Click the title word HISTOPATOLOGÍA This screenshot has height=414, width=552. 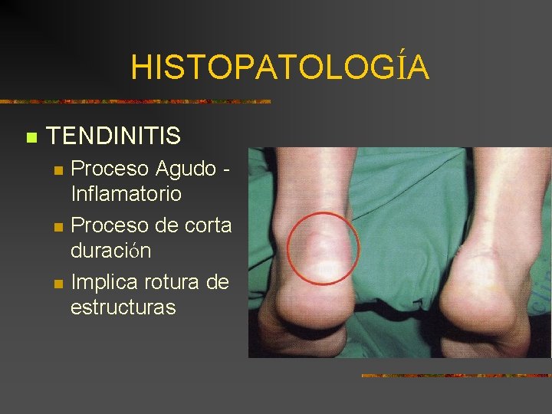[280, 67]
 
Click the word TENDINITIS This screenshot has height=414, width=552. [113, 136]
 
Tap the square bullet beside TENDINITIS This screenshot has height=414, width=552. [31, 138]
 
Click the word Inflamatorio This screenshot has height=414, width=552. [126, 193]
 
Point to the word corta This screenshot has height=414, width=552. [208, 225]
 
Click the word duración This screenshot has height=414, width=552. [110, 251]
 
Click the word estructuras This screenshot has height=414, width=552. [123, 307]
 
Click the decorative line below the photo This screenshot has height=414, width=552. [455, 376]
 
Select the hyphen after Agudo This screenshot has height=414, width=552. [227, 169]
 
